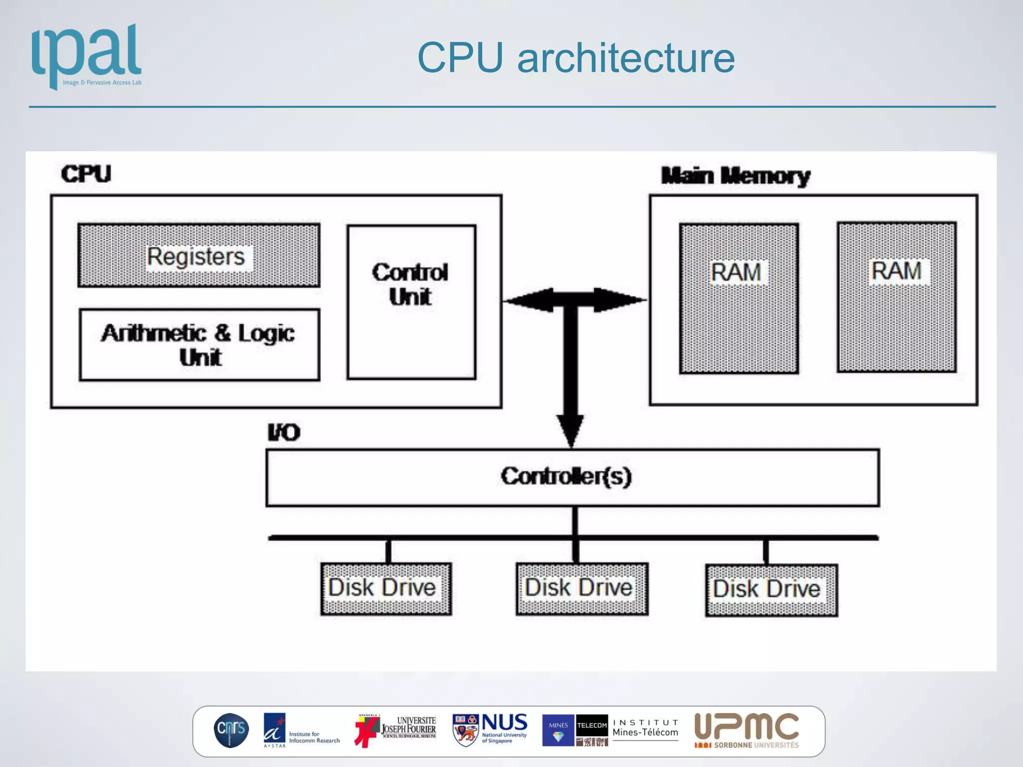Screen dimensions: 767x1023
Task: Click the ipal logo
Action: tap(86, 56)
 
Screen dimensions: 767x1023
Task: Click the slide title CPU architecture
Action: tap(575, 58)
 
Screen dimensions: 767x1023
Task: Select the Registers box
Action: tap(198, 256)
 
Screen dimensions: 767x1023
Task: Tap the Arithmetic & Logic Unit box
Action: tap(199, 345)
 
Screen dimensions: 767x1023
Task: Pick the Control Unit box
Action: tap(411, 302)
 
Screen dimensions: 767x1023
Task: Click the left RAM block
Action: tap(738, 299)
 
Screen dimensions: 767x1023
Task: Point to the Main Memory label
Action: tap(735, 176)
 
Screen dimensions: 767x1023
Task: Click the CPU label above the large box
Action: tap(86, 174)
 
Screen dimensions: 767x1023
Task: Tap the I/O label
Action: tap(284, 432)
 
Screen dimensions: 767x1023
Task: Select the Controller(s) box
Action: tap(572, 477)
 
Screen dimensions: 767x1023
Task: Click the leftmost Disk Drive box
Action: tap(386, 589)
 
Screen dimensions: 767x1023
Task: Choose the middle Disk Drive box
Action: tap(581, 589)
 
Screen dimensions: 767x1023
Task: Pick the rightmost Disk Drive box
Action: tap(771, 590)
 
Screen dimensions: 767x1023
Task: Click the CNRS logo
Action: tap(231, 730)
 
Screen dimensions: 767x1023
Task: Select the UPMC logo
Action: tap(746, 730)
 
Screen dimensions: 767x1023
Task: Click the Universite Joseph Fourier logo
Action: tap(396, 730)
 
